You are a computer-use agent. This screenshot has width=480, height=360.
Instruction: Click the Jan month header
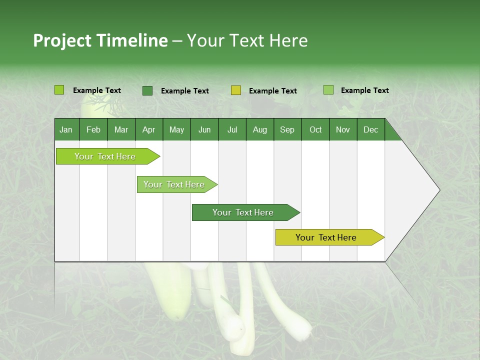tap(66, 129)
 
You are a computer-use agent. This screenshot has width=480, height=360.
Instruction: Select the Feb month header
tap(93, 129)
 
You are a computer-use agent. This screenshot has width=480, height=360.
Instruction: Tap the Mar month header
tap(121, 129)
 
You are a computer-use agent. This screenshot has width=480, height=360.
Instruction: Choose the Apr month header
tap(148, 129)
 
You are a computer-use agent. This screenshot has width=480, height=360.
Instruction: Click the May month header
tap(176, 129)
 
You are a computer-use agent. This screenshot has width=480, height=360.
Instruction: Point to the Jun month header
tap(204, 129)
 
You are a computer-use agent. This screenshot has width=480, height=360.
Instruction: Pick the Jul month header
tap(232, 129)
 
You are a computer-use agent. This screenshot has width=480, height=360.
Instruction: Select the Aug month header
tap(259, 129)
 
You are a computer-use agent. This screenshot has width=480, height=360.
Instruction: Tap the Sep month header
tap(287, 129)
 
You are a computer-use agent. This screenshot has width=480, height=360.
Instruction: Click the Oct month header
tap(315, 129)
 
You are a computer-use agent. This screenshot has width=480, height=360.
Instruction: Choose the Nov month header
tap(343, 129)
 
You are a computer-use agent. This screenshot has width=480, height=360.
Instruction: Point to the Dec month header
tap(370, 129)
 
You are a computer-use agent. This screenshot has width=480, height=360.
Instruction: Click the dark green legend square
tap(147, 90)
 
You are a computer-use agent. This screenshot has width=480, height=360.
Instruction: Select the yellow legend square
tap(236, 90)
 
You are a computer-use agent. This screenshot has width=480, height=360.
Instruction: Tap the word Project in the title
tap(63, 40)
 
